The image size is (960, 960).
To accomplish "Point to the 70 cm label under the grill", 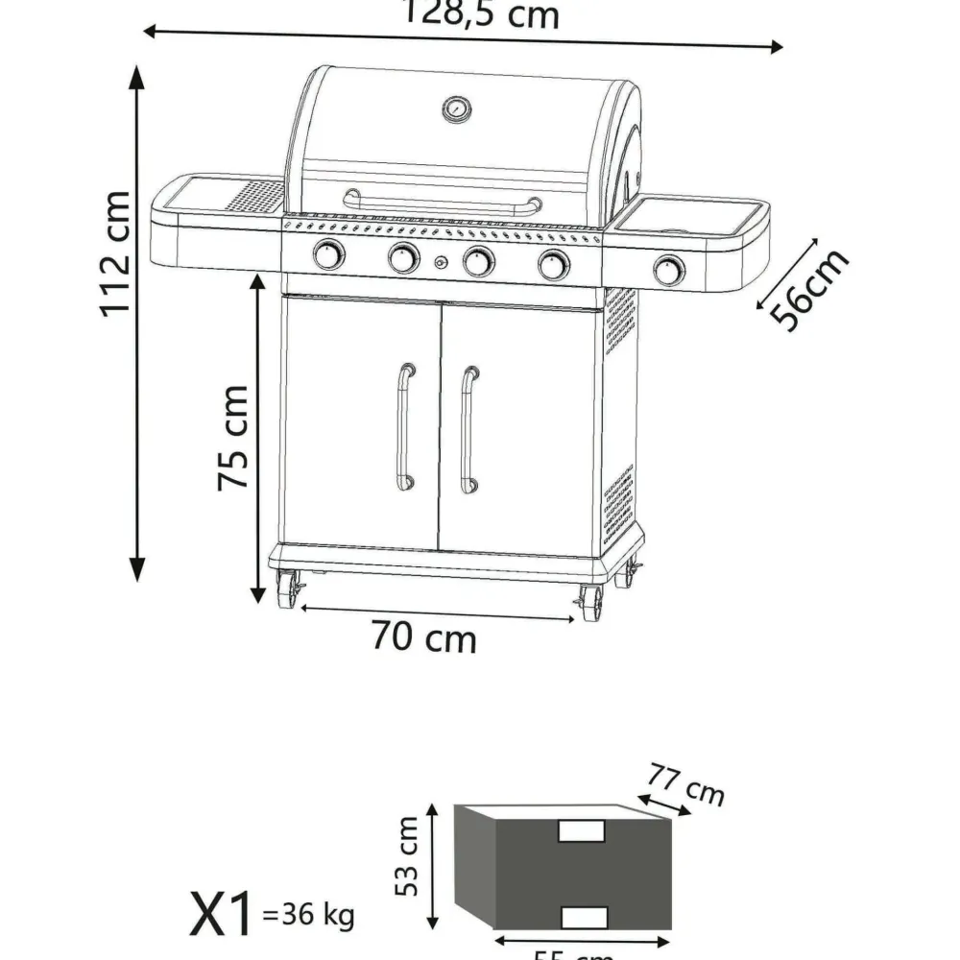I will point(423,636).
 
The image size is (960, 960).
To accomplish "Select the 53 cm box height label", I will point(407,855).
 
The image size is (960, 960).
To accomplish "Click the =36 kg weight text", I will point(307,916).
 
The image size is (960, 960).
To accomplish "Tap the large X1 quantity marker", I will point(222,915).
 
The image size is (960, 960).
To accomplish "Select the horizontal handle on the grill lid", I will point(442,203).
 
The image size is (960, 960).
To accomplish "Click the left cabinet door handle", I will point(405,427).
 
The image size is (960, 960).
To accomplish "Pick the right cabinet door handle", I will point(468,429).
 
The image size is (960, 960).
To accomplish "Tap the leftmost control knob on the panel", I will point(328,255).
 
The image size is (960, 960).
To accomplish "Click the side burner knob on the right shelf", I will point(669,270).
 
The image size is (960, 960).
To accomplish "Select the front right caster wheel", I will point(590,603).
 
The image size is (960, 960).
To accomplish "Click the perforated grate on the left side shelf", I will point(253,196).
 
